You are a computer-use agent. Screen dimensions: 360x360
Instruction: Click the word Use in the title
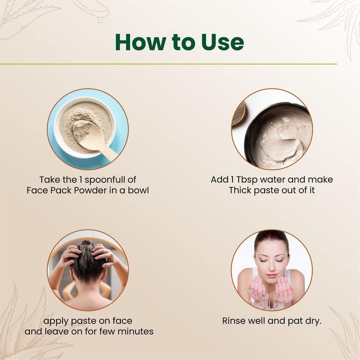tap(223, 42)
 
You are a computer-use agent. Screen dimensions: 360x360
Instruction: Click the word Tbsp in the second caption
tap(247, 180)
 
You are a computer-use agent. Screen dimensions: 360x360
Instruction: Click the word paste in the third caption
tap(82, 321)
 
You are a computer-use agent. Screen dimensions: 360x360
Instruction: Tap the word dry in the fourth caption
tap(313, 321)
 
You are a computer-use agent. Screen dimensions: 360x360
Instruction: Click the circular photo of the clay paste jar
tap(272, 129)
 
